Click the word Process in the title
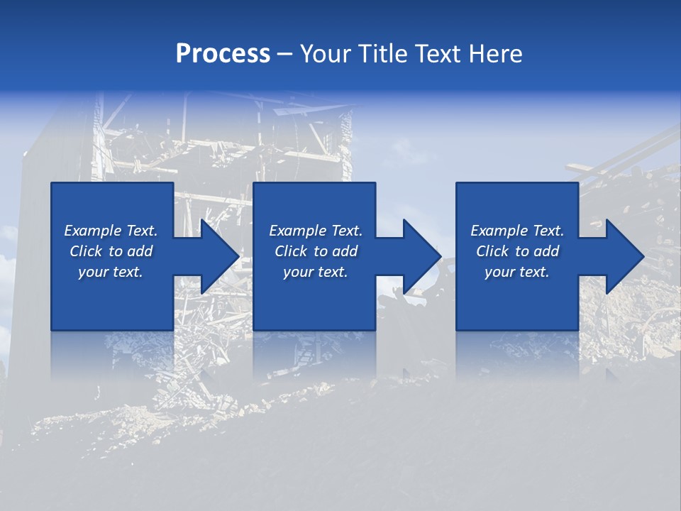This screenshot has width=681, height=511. (x=223, y=54)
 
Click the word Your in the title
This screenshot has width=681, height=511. (x=324, y=54)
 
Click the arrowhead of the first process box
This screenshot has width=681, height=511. (x=220, y=256)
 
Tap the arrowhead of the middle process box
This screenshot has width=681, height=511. (x=422, y=256)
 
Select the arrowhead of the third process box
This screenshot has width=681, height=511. (x=624, y=256)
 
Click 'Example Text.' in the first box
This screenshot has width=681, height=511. (x=111, y=231)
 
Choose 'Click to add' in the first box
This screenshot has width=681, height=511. (x=111, y=251)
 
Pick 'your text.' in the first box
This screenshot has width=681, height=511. (x=111, y=272)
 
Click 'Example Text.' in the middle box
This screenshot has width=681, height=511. (x=316, y=231)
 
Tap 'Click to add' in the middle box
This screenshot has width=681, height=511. (x=316, y=251)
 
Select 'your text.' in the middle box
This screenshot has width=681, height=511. (x=316, y=272)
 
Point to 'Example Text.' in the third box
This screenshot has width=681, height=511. (x=517, y=231)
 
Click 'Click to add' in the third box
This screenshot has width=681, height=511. (x=517, y=251)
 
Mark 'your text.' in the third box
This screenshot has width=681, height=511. (x=517, y=272)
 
